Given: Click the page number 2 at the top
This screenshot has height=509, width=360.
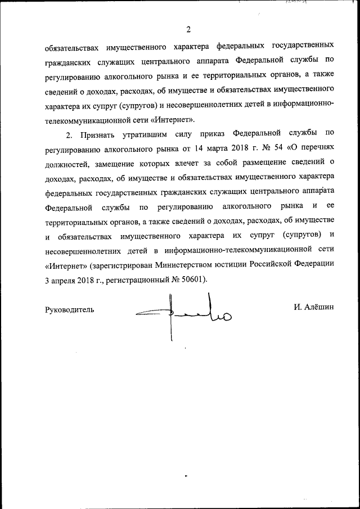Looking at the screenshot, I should point(189,29).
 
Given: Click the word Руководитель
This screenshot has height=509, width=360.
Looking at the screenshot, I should point(70,309).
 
